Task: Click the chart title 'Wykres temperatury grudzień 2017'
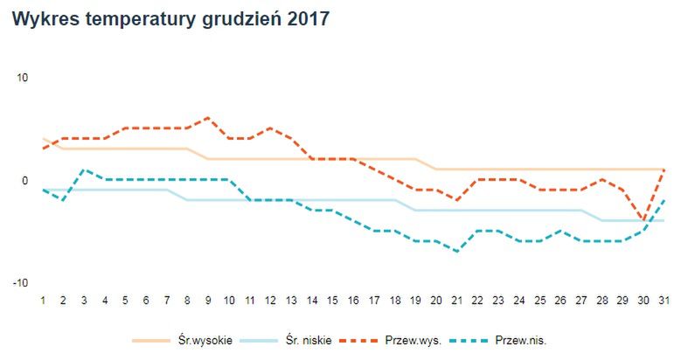[171, 19]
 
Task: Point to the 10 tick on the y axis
[23, 77]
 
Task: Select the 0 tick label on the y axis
[25, 181]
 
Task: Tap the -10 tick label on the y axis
[22, 283]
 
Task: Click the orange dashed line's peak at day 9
[207, 118]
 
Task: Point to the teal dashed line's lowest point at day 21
[456, 252]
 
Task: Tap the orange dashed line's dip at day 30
[643, 220]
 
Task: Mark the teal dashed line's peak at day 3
[84, 170]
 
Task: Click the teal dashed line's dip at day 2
[63, 200]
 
